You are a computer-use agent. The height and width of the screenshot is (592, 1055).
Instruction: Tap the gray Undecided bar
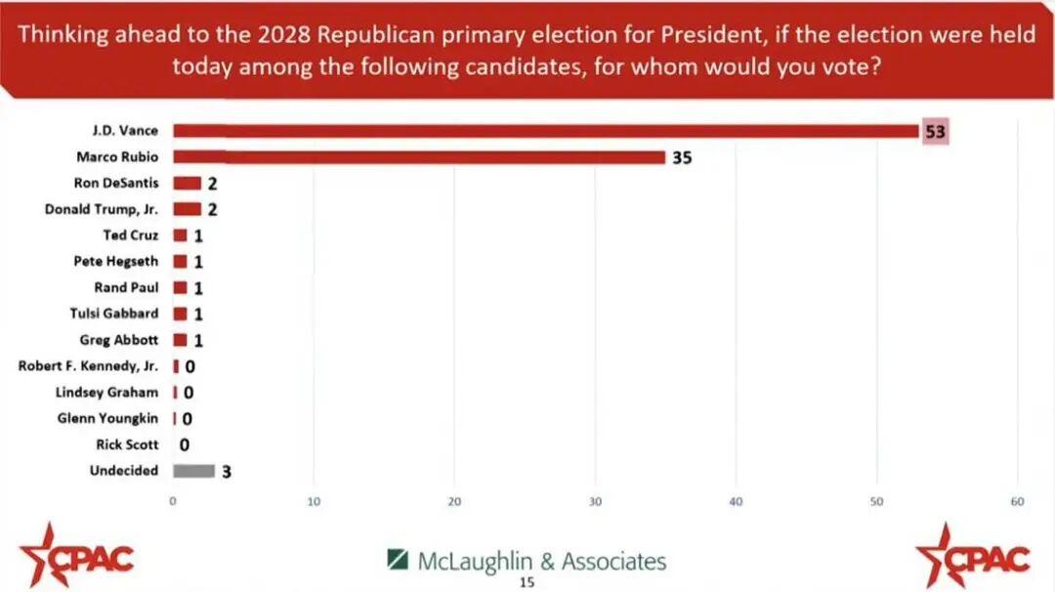[x=193, y=471]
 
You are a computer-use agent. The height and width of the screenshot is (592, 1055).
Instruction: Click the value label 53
[x=936, y=132]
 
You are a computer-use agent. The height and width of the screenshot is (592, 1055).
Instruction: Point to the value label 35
[x=681, y=157]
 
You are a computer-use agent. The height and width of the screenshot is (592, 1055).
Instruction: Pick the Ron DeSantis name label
[x=116, y=183]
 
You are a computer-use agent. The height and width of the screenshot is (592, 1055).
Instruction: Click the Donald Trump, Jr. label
[x=102, y=209]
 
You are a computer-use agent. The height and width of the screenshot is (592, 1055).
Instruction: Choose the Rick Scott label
[x=127, y=444]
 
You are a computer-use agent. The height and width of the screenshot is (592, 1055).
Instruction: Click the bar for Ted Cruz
[x=180, y=235]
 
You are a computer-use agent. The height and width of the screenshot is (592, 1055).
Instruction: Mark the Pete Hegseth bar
[x=180, y=262]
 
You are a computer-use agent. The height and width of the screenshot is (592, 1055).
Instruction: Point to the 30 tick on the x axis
[x=595, y=502]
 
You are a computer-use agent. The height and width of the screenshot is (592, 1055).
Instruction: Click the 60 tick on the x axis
[x=1017, y=502]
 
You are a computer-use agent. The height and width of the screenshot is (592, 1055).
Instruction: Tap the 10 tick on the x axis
[x=314, y=502]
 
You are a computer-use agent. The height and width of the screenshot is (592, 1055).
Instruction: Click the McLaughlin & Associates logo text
[x=541, y=561]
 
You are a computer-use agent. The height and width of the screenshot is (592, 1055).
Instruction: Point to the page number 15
[x=527, y=582]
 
